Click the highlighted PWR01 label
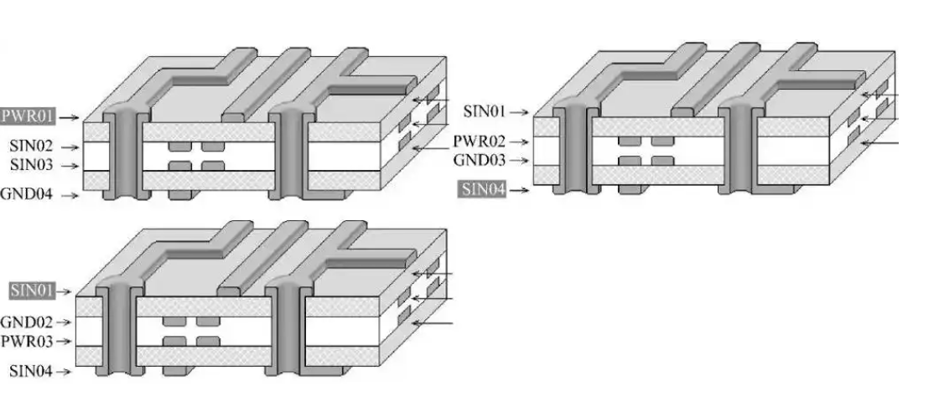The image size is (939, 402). (x=29, y=116)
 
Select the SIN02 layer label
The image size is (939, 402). (x=30, y=147)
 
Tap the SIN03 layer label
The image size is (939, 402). (x=30, y=165)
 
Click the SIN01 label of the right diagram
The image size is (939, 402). (x=485, y=111)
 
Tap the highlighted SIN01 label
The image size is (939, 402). (x=32, y=291)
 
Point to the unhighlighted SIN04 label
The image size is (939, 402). (x=32, y=370)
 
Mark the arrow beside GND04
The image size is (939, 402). (x=71, y=197)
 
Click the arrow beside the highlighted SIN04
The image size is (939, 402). (x=522, y=191)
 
